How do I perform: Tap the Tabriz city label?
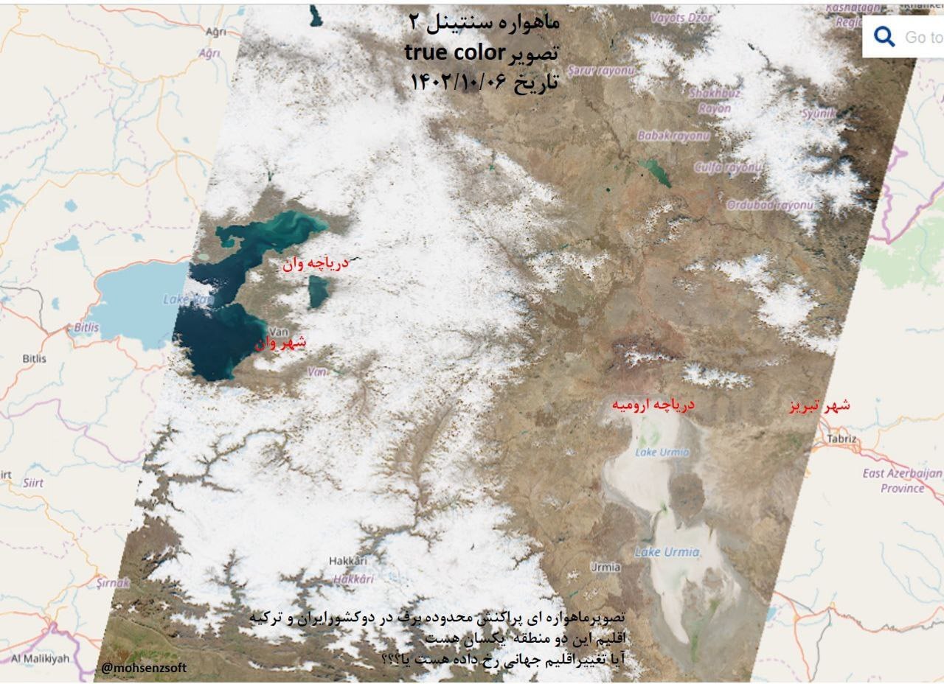point(842,439)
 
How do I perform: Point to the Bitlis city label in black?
point(34,359)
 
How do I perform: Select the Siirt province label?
point(32,483)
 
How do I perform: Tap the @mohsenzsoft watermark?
point(144,668)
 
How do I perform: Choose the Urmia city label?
point(605,567)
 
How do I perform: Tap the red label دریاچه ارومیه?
point(653,405)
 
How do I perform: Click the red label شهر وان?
point(281,343)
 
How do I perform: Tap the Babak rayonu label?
point(673,136)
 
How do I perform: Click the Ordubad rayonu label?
point(770,204)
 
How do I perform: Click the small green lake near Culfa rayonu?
point(656,172)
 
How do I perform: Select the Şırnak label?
point(113,582)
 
